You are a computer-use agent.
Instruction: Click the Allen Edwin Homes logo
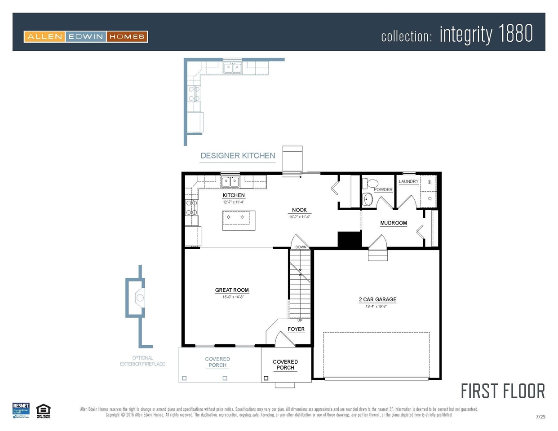coord(85,36)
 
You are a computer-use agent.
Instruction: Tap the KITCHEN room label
coord(234,195)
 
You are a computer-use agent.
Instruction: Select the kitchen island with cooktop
coord(239,220)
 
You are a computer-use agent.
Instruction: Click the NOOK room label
coord(299,210)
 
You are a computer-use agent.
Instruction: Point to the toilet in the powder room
coord(372,184)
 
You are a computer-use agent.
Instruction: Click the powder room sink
coord(368,199)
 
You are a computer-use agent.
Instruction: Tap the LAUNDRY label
coord(408,181)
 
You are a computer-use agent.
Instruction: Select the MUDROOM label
coord(394,223)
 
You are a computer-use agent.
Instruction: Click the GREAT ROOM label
coord(232,290)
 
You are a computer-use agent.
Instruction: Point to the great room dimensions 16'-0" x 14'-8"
coord(233,297)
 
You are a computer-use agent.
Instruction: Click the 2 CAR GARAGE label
coord(377,299)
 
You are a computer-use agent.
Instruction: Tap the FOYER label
coord(296,329)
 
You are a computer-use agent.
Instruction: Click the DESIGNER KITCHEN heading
coord(238,156)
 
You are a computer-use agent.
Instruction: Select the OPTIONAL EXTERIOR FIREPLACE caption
coord(142,361)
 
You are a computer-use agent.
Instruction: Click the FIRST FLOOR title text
coord(502,391)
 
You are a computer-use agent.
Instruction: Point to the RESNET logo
coord(21,410)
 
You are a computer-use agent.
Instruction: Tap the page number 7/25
coord(540,417)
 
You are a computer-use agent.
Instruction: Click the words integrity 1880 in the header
coord(486,34)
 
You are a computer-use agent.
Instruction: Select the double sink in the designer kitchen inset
coord(232,68)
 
